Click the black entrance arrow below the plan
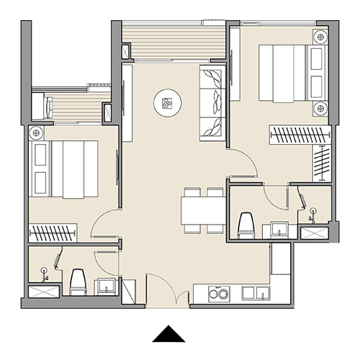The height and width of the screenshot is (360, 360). click(171, 333)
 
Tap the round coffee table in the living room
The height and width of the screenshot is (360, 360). click(167, 104)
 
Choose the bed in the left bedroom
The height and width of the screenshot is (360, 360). click(64, 168)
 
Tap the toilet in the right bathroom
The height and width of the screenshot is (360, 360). click(246, 224)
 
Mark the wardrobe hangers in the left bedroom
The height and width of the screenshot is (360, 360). click(52, 233)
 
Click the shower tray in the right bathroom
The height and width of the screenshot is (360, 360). click(314, 233)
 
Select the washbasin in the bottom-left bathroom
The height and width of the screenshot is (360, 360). click(107, 284)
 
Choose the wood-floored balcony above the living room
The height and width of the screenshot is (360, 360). click(173, 40)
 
